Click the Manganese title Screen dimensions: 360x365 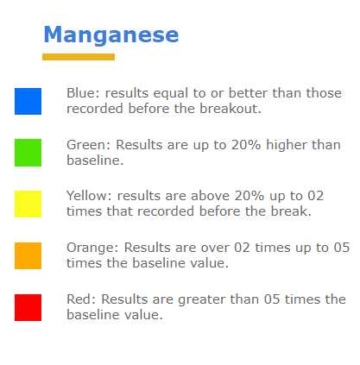coord(111,35)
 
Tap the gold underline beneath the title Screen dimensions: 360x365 coord(79,57)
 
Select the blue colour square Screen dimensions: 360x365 coord(28,101)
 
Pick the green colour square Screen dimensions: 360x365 coord(28,153)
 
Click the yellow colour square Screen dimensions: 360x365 coord(28,204)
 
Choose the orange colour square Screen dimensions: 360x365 coord(28,255)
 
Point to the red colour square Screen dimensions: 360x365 coord(28,307)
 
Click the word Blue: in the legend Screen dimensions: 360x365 coord(83,93)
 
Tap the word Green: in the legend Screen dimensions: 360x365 coord(89,145)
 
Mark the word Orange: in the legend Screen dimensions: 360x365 coord(92,248)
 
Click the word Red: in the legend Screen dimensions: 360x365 coord(81,299)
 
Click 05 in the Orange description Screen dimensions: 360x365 coord(342,248)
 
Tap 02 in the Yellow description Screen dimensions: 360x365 coord(316,196)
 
